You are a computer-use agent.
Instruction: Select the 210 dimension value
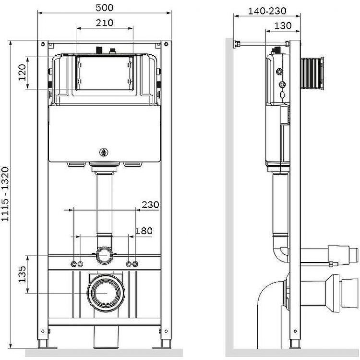(x=105, y=23)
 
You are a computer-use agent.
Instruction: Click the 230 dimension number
(x=150, y=205)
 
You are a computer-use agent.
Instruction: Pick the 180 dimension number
(x=144, y=231)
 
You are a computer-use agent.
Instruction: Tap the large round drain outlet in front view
(x=104, y=291)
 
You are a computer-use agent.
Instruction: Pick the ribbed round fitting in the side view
(x=312, y=73)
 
